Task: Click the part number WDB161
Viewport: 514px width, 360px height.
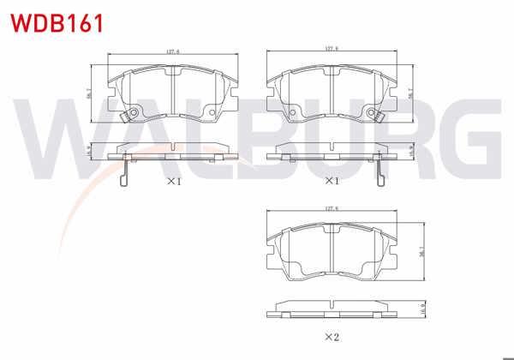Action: [x=57, y=21]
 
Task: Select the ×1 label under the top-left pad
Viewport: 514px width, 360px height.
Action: [x=175, y=181]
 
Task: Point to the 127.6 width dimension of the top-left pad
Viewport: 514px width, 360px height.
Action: [x=171, y=53]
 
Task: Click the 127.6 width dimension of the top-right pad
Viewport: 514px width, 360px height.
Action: [x=331, y=50]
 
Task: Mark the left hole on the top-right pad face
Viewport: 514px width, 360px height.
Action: [x=292, y=114]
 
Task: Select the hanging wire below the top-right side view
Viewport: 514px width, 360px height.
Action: [x=380, y=171]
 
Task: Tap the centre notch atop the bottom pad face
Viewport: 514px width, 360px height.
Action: [x=332, y=225]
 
